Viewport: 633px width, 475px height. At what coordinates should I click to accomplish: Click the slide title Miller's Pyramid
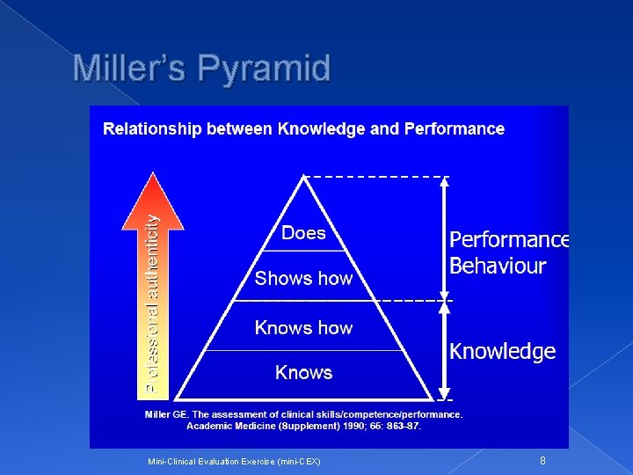[x=201, y=68]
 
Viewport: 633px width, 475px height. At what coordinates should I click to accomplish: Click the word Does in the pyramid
[x=303, y=233]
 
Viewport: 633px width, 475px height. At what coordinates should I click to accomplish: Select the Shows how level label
[x=303, y=279]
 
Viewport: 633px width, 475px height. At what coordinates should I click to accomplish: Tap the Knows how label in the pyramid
[x=303, y=328]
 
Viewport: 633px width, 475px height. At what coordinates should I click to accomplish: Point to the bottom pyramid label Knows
[x=303, y=373]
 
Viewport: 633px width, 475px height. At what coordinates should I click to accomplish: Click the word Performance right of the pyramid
[x=509, y=240]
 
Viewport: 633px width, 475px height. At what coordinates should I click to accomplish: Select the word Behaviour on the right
[x=498, y=266]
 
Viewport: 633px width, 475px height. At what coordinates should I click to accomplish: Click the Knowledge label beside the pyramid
[x=502, y=352]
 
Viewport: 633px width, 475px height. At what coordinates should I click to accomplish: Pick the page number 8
[x=542, y=460]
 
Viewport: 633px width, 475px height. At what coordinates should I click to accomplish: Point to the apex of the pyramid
[x=303, y=179]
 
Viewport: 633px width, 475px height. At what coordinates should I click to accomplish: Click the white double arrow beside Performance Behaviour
[x=445, y=237]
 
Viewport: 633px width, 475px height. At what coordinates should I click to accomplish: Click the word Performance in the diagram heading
[x=454, y=129]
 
